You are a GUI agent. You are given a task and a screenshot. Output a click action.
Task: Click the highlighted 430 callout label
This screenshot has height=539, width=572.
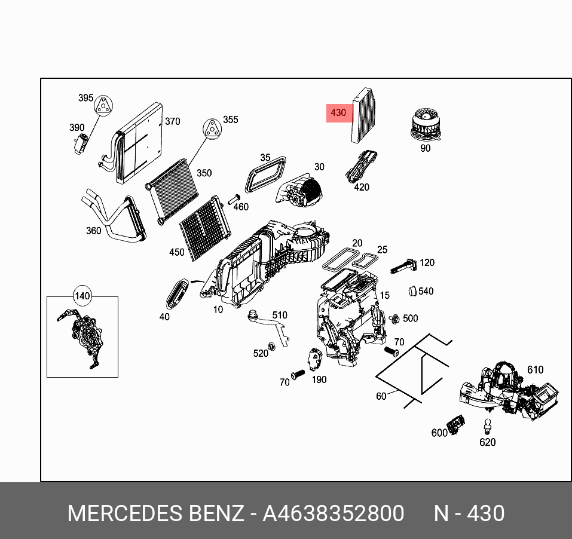click(338, 113)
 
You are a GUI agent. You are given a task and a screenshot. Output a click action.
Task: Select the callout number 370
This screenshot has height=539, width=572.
click(172, 121)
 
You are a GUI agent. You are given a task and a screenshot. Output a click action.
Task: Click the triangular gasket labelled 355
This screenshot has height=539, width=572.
click(210, 128)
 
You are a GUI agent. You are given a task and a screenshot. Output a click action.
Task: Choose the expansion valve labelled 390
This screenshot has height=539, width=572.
click(81, 143)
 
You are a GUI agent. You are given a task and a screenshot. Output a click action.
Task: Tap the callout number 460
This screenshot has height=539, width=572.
click(240, 207)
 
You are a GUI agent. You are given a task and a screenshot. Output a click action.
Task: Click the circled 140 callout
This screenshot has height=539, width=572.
click(82, 296)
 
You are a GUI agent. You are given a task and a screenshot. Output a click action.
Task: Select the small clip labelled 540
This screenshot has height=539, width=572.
click(412, 291)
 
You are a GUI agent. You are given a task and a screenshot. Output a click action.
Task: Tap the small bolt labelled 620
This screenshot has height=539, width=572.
click(488, 426)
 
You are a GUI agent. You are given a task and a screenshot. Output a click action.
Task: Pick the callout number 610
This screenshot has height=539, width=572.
click(535, 370)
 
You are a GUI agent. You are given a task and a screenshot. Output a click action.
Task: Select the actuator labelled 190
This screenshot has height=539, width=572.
click(314, 360)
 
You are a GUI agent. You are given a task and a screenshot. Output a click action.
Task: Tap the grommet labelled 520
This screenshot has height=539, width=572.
click(272, 346)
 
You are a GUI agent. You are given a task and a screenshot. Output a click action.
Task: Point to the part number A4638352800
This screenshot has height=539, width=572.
click(334, 513)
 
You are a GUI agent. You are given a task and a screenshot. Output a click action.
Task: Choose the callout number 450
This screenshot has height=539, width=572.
click(177, 252)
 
